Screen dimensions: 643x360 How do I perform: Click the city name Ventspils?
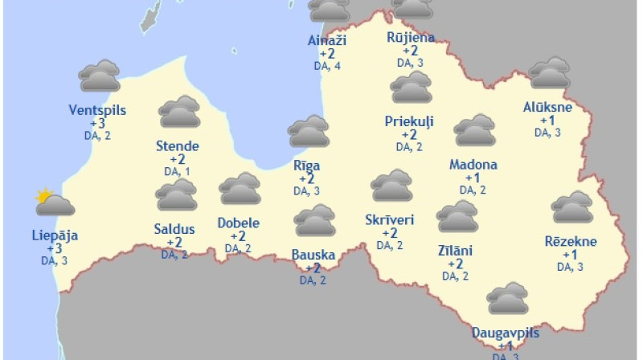click(x=97, y=110)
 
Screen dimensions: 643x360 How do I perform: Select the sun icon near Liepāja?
click(x=44, y=195)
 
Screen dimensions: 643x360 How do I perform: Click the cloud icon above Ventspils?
click(x=99, y=76)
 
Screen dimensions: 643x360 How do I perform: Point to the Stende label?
click(x=177, y=146)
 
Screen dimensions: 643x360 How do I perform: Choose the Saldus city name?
click(x=174, y=229)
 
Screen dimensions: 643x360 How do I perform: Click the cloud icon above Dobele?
click(x=240, y=190)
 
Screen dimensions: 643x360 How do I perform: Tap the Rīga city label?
click(x=306, y=166)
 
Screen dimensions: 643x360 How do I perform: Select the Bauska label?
click(x=313, y=256)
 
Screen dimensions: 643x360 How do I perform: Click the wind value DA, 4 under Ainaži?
click(x=327, y=66)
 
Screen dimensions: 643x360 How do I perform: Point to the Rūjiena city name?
click(x=411, y=37)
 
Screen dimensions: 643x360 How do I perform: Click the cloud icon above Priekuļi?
click(x=411, y=88)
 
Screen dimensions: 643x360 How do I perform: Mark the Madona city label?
click(x=473, y=165)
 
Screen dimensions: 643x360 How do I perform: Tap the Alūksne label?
click(x=547, y=108)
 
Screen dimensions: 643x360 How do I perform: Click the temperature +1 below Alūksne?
click(x=547, y=121)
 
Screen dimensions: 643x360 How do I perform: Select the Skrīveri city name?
click(x=389, y=219)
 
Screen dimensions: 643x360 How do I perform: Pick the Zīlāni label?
click(x=455, y=251)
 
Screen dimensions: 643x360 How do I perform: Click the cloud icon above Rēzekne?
click(x=572, y=207)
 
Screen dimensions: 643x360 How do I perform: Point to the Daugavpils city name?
click(x=506, y=333)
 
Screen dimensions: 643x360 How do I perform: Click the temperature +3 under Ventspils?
click(x=97, y=123)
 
